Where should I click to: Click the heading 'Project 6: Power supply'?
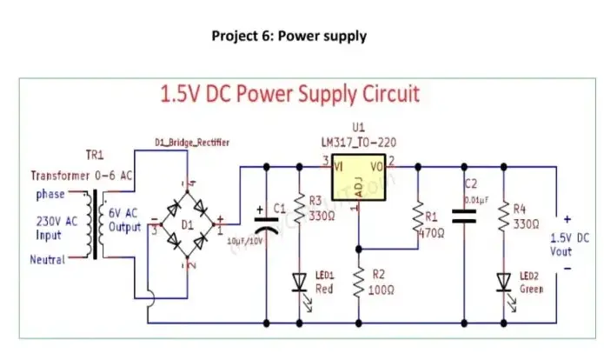tap(289, 37)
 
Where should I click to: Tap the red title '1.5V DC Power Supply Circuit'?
tap(290, 94)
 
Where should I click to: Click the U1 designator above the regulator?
tap(358, 128)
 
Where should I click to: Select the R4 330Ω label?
tap(525, 216)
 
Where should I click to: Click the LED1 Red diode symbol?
tap(300, 281)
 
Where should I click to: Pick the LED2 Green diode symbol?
tap(503, 281)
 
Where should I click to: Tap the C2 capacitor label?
tap(471, 184)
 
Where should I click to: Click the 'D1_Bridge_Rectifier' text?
tap(192, 143)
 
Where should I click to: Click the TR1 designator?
tap(94, 155)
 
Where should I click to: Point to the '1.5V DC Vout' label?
tap(570, 243)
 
